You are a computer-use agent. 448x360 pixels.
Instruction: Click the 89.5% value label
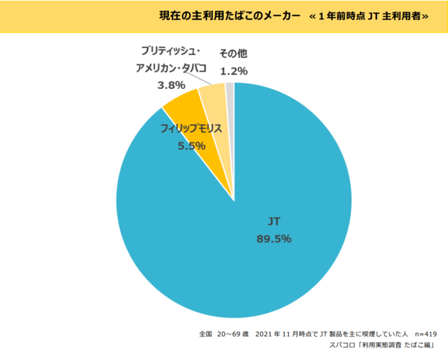pos(274,239)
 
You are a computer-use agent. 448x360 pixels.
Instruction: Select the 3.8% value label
pos(171,86)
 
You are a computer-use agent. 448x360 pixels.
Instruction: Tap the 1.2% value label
pos(234,70)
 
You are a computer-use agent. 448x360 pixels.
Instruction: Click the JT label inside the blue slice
pos(274,222)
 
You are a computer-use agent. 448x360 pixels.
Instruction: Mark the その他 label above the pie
pos(234,53)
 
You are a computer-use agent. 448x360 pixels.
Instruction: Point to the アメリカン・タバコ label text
pos(171,68)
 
